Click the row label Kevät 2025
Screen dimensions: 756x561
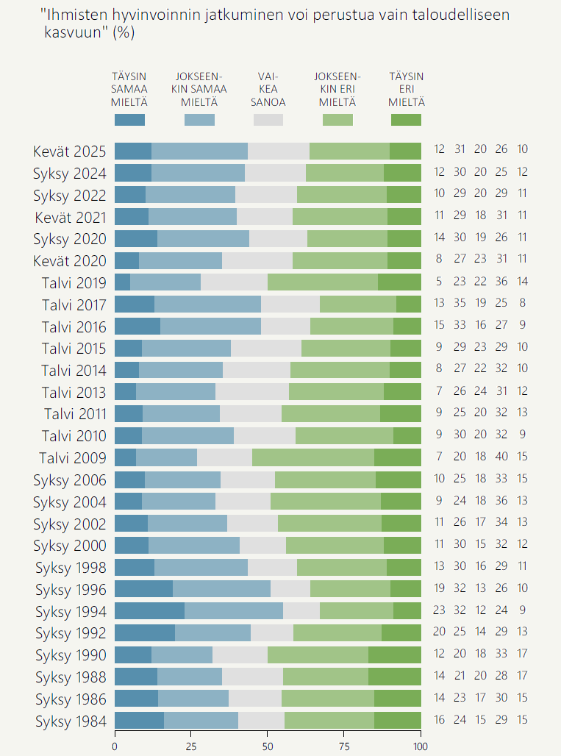70,151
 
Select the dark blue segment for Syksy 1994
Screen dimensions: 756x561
149,611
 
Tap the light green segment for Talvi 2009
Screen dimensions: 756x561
313,458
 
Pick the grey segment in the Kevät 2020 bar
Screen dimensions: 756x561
257,261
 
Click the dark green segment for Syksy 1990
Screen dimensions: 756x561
395,655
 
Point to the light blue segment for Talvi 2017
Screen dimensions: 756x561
207,304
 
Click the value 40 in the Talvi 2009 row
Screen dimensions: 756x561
501,457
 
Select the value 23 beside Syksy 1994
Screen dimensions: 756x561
440,610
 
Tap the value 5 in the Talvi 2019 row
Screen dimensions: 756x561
440,282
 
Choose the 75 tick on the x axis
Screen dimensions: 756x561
344,746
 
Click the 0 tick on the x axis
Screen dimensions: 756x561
115,746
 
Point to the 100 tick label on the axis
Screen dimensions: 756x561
421,746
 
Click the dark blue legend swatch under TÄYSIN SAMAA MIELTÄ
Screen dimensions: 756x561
129,120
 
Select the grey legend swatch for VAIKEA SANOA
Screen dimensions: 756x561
268,120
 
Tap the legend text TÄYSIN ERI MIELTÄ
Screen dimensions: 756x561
406,89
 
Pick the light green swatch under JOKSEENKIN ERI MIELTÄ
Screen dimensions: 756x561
337,120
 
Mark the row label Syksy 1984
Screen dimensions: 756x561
71,721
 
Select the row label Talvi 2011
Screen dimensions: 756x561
75,414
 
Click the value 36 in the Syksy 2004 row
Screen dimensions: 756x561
501,502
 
